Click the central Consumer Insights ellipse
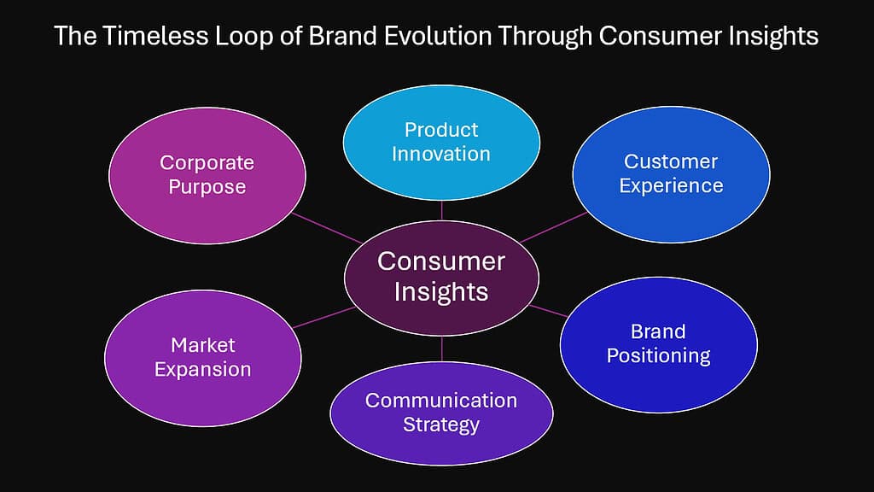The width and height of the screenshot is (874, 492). pos(441,275)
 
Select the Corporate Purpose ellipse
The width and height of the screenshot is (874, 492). pos(207,174)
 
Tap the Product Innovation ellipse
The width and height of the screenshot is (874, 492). pos(441,142)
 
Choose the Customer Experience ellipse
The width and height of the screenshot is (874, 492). pos(671,173)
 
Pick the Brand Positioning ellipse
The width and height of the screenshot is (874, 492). pos(658,343)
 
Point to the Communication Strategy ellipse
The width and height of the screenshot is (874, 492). pos(441,413)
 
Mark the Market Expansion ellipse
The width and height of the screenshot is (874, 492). pos(203,357)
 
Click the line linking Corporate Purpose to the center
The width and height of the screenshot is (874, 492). pos(327,228)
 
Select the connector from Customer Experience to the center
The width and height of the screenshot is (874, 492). pos(553,226)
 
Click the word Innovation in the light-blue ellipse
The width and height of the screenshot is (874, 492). pos(441,154)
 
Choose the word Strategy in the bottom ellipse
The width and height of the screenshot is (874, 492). pos(441,425)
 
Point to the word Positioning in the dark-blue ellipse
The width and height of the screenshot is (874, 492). pos(658,355)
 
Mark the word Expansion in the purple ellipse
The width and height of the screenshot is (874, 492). pos(203,369)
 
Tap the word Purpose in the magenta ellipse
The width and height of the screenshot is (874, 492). pos(207,186)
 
